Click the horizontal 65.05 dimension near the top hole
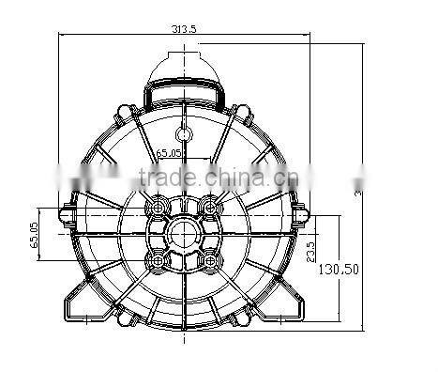tap(168, 151)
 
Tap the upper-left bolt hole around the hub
tap(159, 205)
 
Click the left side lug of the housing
tap(67, 215)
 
